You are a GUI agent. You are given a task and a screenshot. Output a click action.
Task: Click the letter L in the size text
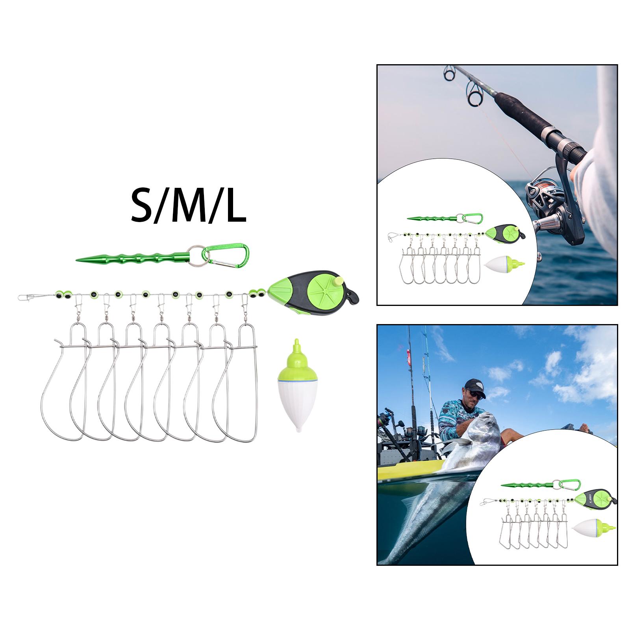tap(235, 206)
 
